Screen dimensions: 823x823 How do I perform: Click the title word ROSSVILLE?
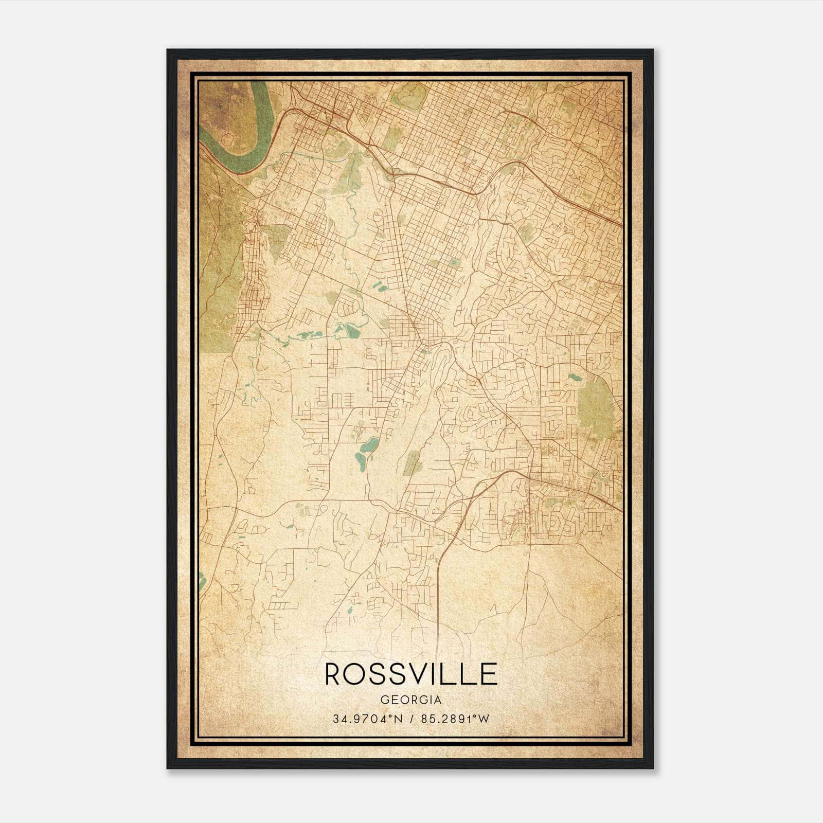411,674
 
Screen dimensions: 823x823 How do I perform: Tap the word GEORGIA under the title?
411,700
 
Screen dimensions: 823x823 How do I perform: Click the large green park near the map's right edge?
597,406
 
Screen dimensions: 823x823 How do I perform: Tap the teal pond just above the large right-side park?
575,378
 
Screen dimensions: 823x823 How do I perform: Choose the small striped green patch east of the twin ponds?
412,463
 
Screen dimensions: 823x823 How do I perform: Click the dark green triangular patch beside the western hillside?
278,240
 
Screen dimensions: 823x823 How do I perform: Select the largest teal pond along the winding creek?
353,331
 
